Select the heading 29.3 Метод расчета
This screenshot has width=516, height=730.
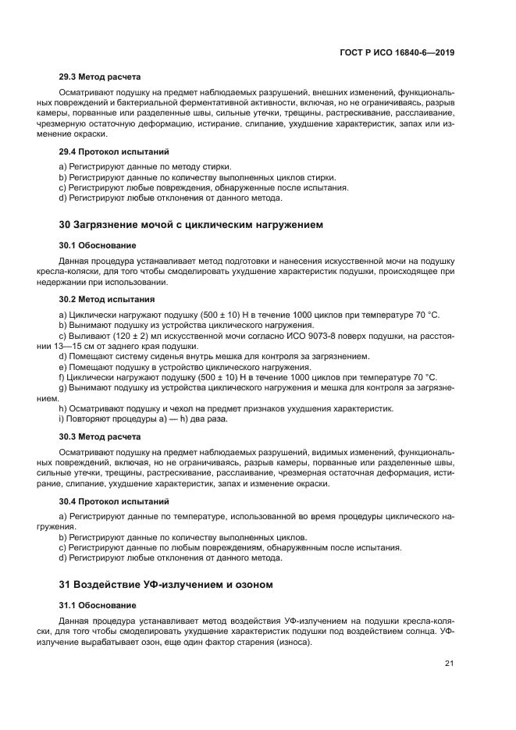(100, 77)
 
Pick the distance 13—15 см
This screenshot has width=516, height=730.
(91, 346)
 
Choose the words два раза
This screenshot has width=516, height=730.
(210, 419)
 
